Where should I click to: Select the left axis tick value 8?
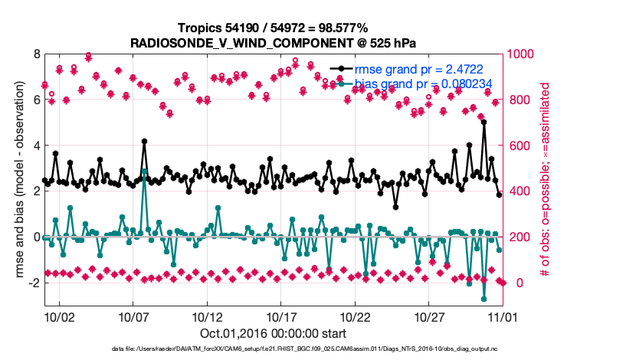coord(35,54)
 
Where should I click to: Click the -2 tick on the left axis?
coord(33,283)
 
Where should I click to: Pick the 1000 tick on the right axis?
coord(519,54)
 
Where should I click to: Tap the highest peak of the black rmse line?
coord(484,123)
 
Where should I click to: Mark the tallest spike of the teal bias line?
coord(144,171)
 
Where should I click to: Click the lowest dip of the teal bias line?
coord(484,299)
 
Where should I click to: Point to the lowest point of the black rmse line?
coord(395,207)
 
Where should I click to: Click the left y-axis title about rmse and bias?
coord(16,180)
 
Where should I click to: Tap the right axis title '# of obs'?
coord(545,180)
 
